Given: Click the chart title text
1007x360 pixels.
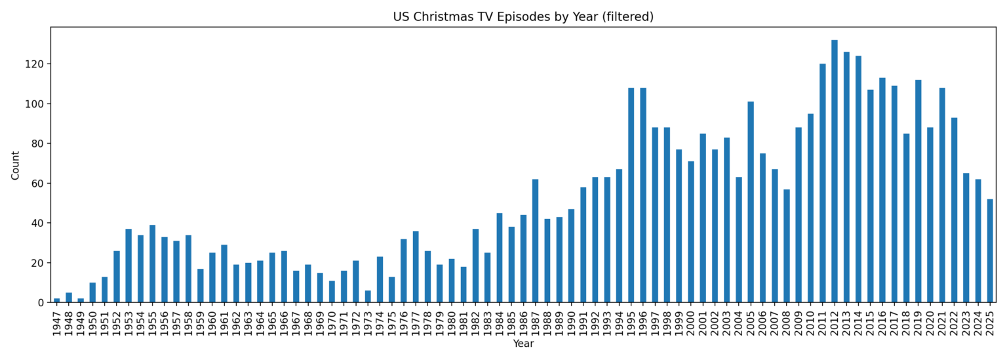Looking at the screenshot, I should coord(523,17).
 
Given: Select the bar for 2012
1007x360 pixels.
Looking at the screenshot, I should coord(835,171).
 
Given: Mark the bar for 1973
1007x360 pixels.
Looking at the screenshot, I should coord(368,296).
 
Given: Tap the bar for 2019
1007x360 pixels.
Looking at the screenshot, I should coord(918,191).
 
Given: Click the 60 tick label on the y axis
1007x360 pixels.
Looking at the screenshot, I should coord(37,184).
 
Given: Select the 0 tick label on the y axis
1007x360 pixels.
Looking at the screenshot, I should coord(40,303).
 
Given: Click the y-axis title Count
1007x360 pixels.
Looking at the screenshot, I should coord(16,165).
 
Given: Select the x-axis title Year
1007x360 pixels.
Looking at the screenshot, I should coord(523,344).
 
